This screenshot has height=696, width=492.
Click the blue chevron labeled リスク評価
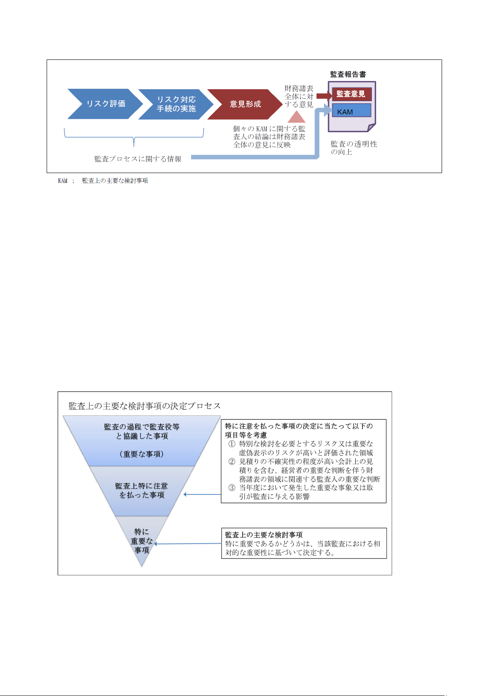(105, 104)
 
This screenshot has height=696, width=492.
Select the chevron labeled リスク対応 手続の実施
(176, 104)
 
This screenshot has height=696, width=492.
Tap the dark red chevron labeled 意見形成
(245, 104)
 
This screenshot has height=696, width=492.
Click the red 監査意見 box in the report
(352, 94)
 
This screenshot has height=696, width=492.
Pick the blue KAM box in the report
(352, 110)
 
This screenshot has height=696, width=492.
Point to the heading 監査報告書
(348, 74)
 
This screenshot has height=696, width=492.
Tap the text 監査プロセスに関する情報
(138, 159)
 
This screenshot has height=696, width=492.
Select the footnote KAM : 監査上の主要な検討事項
(103, 181)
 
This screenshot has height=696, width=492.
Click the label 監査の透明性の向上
(354, 148)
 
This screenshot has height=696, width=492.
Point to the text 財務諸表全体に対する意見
(299, 96)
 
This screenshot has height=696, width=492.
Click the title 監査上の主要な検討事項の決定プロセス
(144, 406)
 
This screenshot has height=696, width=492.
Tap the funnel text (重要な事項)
(142, 454)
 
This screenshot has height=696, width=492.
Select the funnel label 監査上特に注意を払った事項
(142, 490)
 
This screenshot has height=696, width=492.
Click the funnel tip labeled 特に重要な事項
(142, 541)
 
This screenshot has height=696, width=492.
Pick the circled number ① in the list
(232, 444)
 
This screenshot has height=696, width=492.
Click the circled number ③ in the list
(232, 487)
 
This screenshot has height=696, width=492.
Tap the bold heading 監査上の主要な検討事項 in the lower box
(264, 535)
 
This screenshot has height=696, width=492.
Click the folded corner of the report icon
(371, 127)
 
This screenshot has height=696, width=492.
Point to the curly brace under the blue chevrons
(134, 137)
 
